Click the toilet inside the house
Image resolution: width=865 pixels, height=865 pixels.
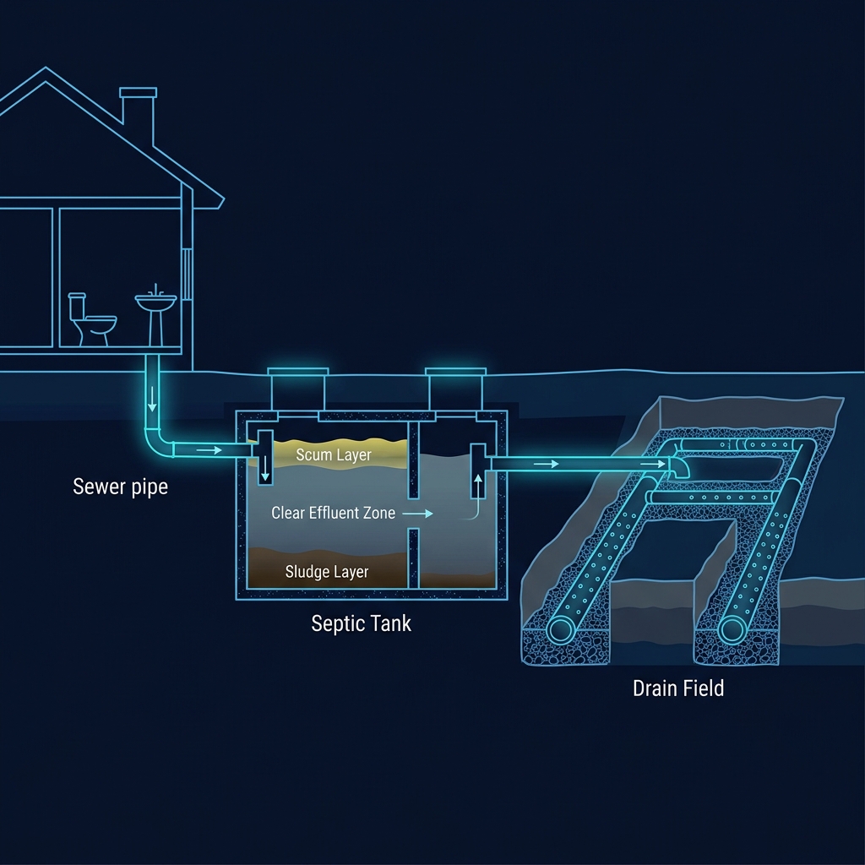(90, 319)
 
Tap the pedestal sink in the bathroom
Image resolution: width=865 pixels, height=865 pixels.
(155, 313)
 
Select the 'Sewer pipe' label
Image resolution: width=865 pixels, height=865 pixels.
(120, 487)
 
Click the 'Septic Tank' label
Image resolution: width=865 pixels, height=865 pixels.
(361, 623)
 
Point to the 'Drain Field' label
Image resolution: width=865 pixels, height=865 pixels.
(678, 688)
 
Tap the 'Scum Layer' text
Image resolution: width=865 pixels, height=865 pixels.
(333, 455)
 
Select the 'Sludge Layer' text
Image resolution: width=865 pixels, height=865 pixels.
(327, 572)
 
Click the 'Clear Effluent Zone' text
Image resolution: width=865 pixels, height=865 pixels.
(333, 513)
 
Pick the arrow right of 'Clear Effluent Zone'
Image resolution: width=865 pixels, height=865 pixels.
(418, 513)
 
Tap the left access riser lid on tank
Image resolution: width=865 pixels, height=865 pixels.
(297, 373)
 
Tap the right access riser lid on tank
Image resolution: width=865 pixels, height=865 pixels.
(456, 373)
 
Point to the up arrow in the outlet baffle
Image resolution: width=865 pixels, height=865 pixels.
(480, 485)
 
